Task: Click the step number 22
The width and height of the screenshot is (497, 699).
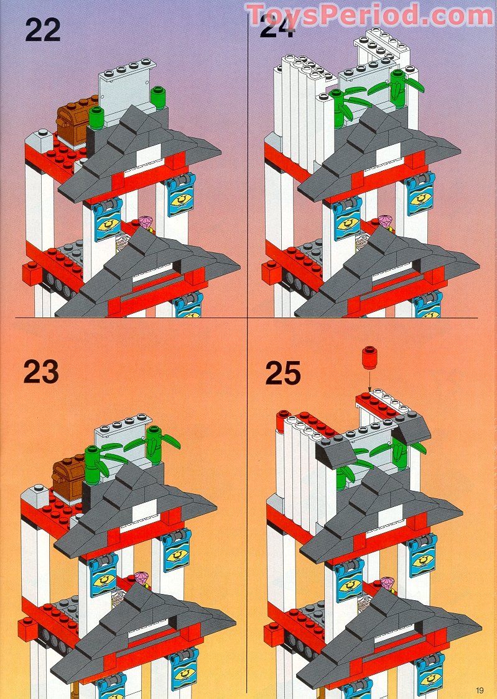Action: tap(43, 29)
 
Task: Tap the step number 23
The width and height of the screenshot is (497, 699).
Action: tap(41, 372)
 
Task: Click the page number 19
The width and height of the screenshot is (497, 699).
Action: tap(480, 689)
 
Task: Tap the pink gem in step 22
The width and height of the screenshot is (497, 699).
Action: tap(146, 222)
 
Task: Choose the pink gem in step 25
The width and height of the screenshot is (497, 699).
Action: tap(388, 583)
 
